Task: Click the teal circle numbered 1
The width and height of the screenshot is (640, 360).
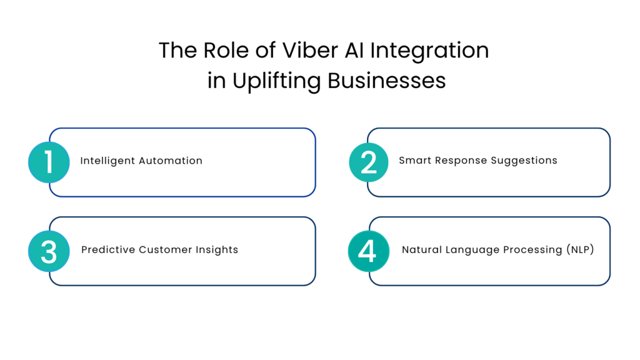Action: point(49,162)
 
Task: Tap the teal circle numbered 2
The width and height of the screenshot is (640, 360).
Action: point(369,162)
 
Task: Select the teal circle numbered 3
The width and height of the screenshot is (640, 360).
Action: point(49,251)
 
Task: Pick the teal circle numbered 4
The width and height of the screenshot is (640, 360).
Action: point(367,251)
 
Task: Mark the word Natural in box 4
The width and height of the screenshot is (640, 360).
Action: point(422,249)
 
